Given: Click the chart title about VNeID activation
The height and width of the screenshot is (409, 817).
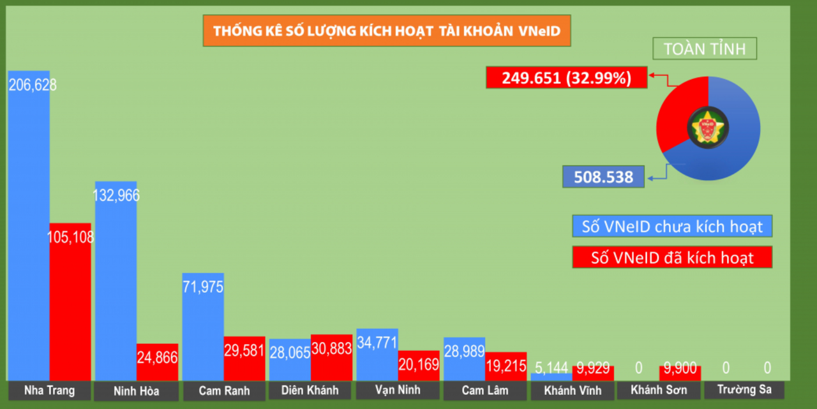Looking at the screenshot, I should point(387,31).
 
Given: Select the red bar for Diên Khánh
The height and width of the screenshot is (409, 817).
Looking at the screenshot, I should point(331,357).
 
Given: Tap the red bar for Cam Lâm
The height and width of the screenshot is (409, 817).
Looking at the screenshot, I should point(506,366).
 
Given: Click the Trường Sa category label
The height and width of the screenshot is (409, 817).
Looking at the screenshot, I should point(744,390).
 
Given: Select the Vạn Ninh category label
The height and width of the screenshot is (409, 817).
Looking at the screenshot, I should point(397,390).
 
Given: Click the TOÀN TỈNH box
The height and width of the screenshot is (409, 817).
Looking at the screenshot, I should point(704,48).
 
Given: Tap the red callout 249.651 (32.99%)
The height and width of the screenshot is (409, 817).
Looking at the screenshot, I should point(566,78).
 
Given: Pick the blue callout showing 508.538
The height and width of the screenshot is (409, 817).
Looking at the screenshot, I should point(603,177).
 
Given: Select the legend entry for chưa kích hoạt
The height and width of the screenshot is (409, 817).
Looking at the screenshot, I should point(672,227).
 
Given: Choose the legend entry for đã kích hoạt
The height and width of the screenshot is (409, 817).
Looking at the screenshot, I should point(672,257).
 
